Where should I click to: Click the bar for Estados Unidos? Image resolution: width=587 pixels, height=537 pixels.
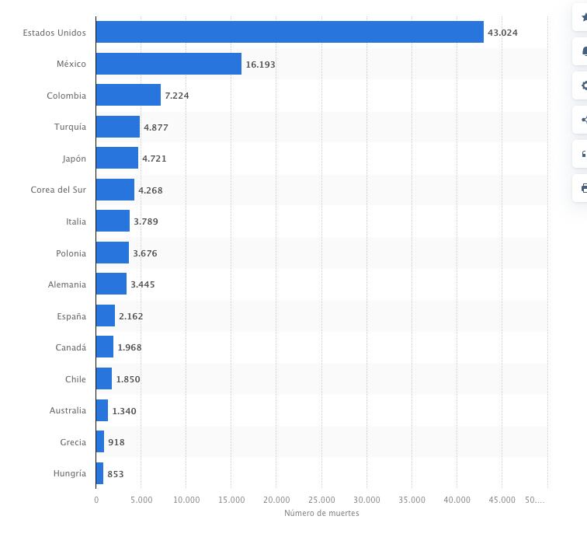click(x=290, y=32)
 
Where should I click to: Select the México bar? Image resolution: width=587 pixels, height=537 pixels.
click(x=168, y=64)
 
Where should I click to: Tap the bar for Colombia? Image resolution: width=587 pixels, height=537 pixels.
click(x=128, y=96)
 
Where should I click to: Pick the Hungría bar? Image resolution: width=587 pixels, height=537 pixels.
click(x=99, y=473)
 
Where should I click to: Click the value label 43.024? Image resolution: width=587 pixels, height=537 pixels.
click(x=502, y=33)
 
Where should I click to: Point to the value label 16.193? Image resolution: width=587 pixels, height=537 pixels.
click(x=260, y=65)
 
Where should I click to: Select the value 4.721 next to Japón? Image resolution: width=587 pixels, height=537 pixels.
click(x=154, y=159)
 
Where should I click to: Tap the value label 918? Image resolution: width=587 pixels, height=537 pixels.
click(x=116, y=442)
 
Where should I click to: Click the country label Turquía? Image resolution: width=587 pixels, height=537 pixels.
click(x=70, y=127)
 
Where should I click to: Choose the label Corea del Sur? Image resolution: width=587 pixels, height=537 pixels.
click(x=58, y=190)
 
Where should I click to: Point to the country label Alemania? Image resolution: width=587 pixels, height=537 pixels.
click(x=67, y=284)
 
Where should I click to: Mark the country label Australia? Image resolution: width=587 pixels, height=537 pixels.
click(x=68, y=410)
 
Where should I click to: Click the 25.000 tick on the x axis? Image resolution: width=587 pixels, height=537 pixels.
click(x=321, y=500)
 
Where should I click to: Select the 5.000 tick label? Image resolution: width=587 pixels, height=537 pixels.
click(x=141, y=500)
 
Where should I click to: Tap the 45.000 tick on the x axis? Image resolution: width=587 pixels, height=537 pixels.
click(x=502, y=500)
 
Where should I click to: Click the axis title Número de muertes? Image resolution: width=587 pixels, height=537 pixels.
click(x=321, y=513)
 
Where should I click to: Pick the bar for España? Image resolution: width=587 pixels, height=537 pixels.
click(x=106, y=316)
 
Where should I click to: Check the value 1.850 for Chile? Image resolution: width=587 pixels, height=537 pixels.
click(x=128, y=379)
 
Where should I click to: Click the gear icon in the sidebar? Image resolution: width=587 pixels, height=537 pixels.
click(x=583, y=85)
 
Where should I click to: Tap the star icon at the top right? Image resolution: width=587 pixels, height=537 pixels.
click(x=583, y=17)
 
